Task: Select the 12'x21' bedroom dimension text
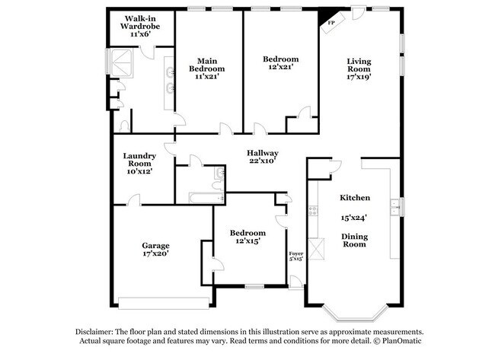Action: (280, 67)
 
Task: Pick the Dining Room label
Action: (354, 241)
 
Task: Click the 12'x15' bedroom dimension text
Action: (248, 242)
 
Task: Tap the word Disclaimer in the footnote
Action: (97, 333)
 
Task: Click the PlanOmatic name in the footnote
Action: (400, 343)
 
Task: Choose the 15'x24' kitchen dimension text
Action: (354, 217)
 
